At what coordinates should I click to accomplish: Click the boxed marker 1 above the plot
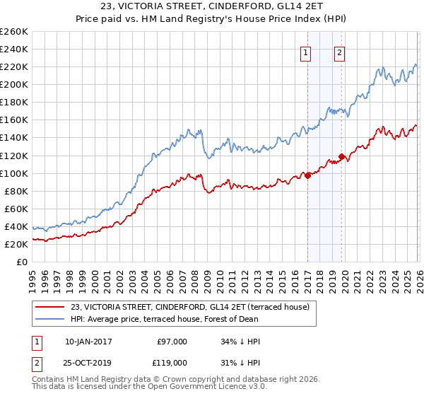(307, 52)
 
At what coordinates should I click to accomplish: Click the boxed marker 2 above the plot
(340, 52)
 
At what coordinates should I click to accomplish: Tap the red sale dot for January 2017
(308, 176)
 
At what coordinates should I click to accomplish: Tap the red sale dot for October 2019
(342, 156)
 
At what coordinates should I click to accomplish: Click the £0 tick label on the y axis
(22, 262)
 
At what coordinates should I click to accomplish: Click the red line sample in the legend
(49, 308)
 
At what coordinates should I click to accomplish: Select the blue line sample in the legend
(49, 319)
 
